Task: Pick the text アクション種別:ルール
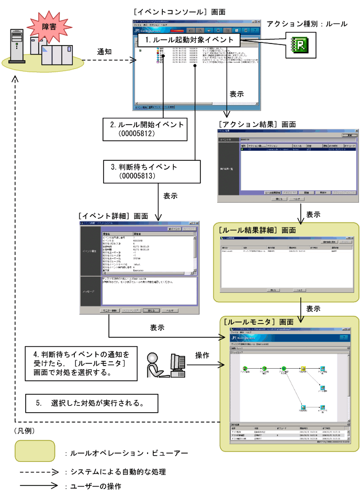[307, 24]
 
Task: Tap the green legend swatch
[35, 451]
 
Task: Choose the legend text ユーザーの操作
[92, 487]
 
